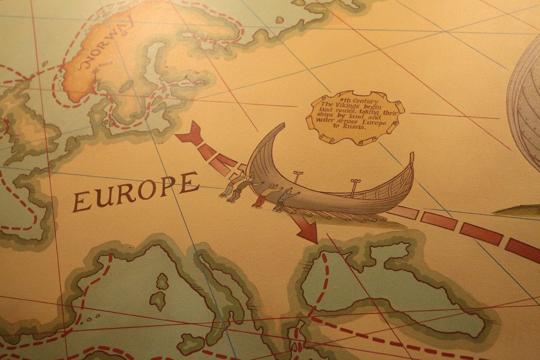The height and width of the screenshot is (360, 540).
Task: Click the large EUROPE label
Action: (136, 191)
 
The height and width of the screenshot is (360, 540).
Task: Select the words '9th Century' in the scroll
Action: (352, 100)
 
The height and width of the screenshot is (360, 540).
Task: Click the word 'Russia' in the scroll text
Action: (355, 127)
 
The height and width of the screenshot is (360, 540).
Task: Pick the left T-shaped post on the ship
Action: (298, 176)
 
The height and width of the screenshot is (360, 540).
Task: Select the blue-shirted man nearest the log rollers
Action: (285, 199)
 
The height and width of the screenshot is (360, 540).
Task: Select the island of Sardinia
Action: (157, 301)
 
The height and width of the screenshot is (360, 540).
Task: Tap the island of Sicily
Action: (190, 343)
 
